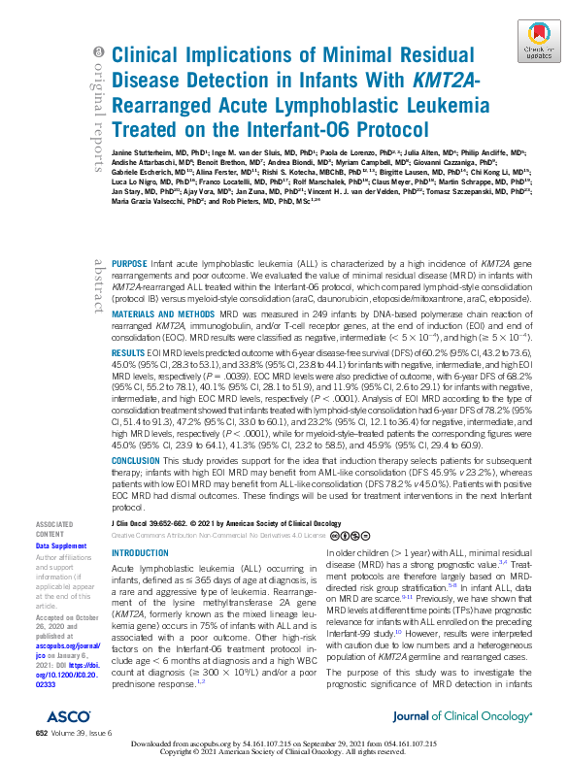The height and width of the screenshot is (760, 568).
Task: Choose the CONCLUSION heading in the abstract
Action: pos(138,460)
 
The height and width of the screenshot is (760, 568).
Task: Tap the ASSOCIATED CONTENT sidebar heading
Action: pos(55,529)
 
